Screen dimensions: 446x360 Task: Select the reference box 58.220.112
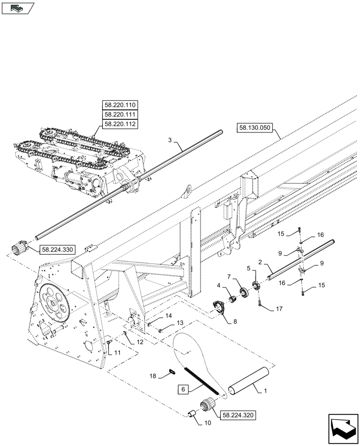coord(120,124)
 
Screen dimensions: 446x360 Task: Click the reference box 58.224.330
coord(57,250)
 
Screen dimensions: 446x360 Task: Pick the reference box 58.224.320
coord(237,414)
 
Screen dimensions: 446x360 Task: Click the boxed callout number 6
coord(183,389)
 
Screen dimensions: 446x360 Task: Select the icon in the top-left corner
coord(17,8)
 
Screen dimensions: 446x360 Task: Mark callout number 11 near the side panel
coord(117,352)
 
